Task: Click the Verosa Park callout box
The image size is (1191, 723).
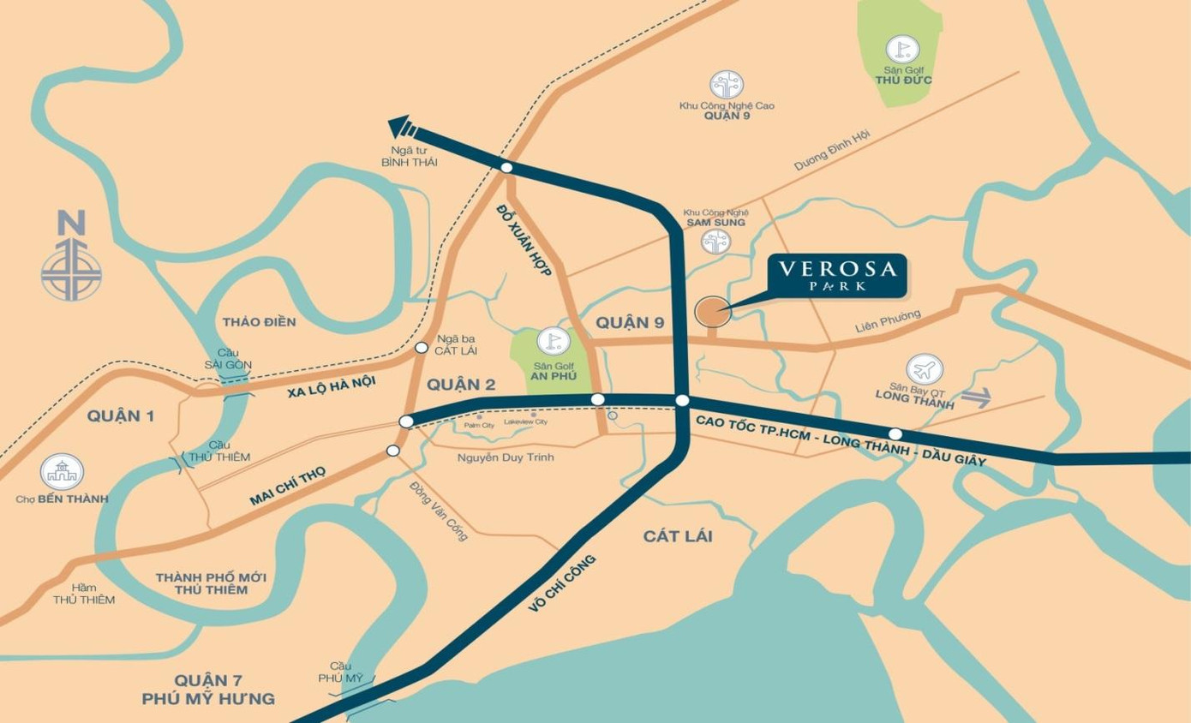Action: click(x=837, y=275)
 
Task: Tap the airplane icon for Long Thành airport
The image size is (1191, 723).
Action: click(x=924, y=370)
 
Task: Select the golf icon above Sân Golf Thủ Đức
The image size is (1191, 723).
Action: click(x=901, y=49)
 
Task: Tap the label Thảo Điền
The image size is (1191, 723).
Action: click(x=259, y=322)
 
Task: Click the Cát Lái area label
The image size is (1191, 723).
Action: click(x=678, y=536)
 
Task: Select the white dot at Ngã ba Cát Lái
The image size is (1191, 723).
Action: click(x=422, y=348)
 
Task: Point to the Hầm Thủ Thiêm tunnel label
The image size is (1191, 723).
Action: click(x=83, y=594)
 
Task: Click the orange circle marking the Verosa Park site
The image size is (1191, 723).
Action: click(x=712, y=313)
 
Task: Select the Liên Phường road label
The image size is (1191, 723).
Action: click(x=888, y=320)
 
